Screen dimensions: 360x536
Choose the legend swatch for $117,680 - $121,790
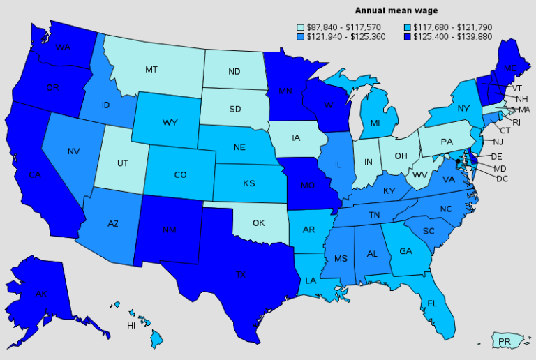pos(407,27)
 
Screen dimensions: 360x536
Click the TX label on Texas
pos(241,274)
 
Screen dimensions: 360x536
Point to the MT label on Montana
pos(151,70)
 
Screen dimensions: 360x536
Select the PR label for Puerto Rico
pos(504,342)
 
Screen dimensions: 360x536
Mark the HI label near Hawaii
pos(131,326)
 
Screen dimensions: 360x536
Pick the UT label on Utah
pos(122,163)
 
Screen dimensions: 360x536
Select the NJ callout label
pos(498,142)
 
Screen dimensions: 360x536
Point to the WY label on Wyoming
pos(170,123)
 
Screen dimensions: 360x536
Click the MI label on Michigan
pos(375,123)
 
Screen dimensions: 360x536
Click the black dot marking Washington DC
pos(458,161)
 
